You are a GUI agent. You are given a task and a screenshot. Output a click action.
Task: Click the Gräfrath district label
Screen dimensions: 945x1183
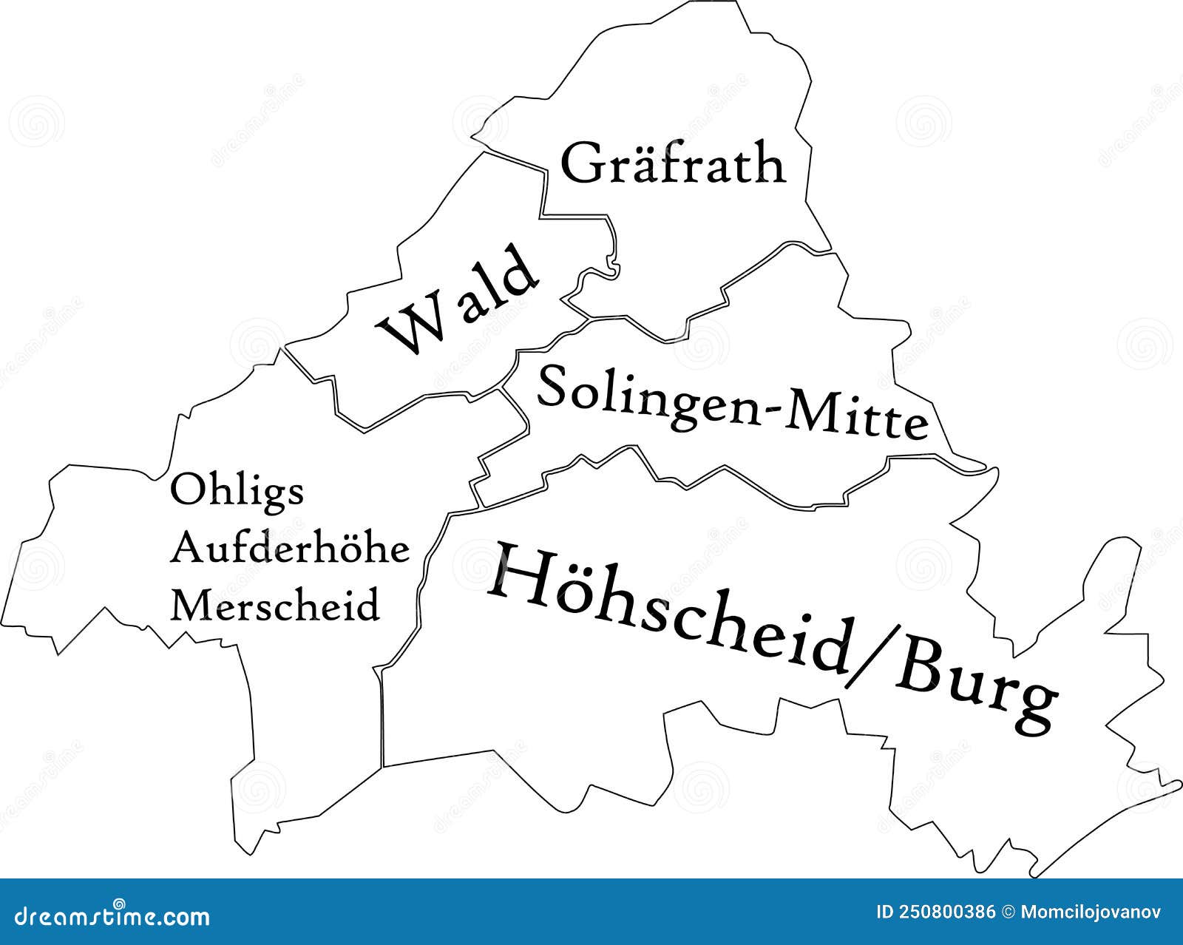(673, 164)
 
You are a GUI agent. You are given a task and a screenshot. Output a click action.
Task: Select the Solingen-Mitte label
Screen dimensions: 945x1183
(732, 403)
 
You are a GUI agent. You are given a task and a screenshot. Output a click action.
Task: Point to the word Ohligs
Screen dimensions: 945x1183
(237, 490)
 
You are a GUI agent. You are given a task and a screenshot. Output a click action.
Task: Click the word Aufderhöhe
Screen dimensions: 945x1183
(290, 549)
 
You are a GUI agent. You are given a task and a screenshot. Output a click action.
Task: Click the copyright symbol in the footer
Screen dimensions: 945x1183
(1008, 912)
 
